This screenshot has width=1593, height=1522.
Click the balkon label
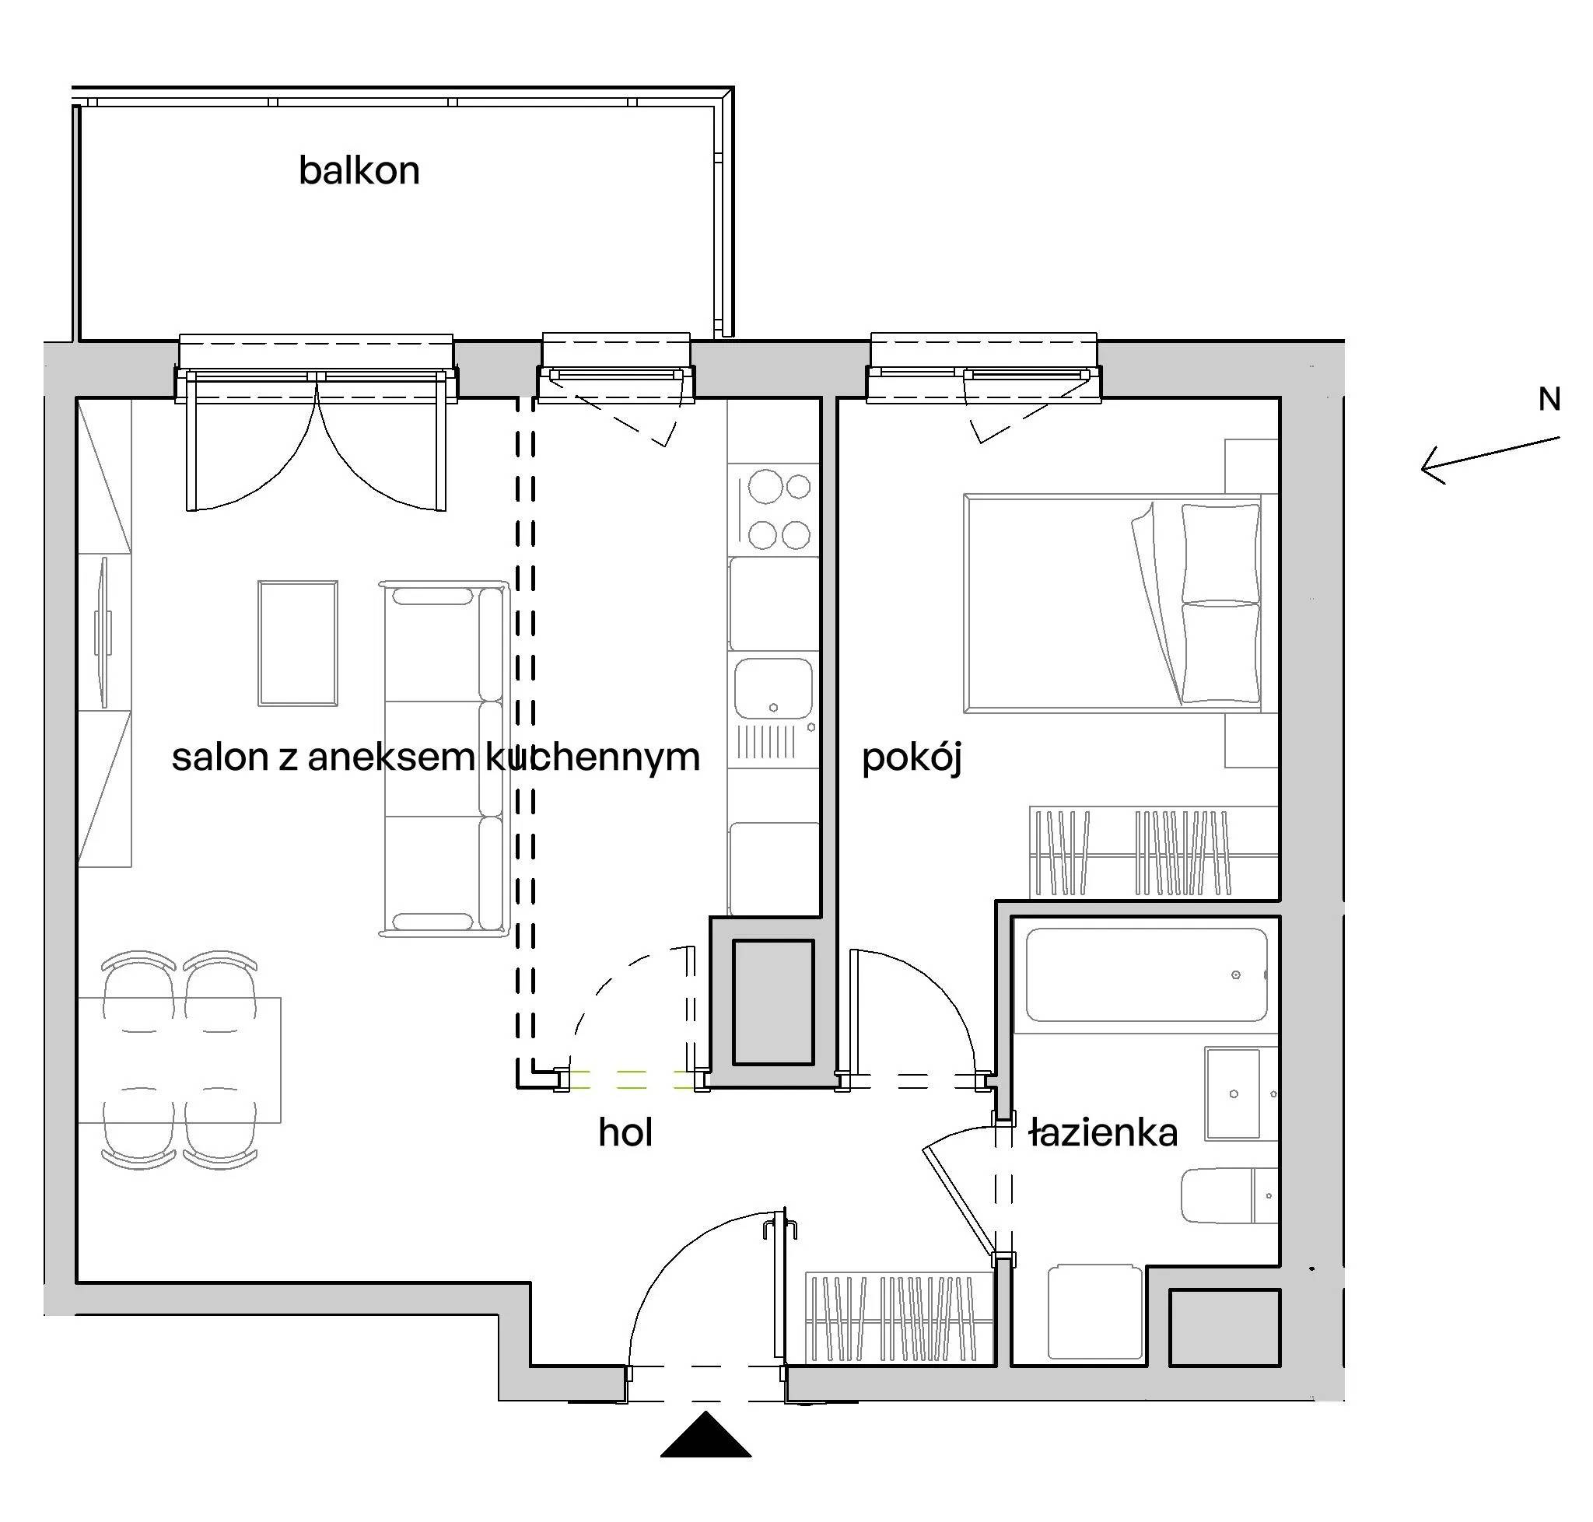(x=359, y=170)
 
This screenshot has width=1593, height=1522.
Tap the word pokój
(x=912, y=758)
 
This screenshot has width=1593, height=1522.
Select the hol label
(x=625, y=1132)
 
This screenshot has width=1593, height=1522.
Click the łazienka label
(x=1103, y=1132)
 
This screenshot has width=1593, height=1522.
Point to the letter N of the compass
(x=1549, y=399)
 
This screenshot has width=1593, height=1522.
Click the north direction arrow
(x=1490, y=460)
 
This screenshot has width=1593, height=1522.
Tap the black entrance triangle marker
(x=705, y=1433)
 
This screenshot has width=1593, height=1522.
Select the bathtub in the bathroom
(x=1146, y=974)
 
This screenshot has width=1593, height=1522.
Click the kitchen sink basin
(x=772, y=688)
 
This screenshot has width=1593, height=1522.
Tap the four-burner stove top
(x=774, y=509)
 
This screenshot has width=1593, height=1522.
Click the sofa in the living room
(x=444, y=758)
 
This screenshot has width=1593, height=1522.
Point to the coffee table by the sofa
(x=298, y=642)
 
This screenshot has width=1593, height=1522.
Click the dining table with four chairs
(x=180, y=1059)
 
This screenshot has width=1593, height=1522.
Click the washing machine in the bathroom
(x=1095, y=1311)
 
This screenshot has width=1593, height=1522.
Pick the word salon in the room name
(x=220, y=757)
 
